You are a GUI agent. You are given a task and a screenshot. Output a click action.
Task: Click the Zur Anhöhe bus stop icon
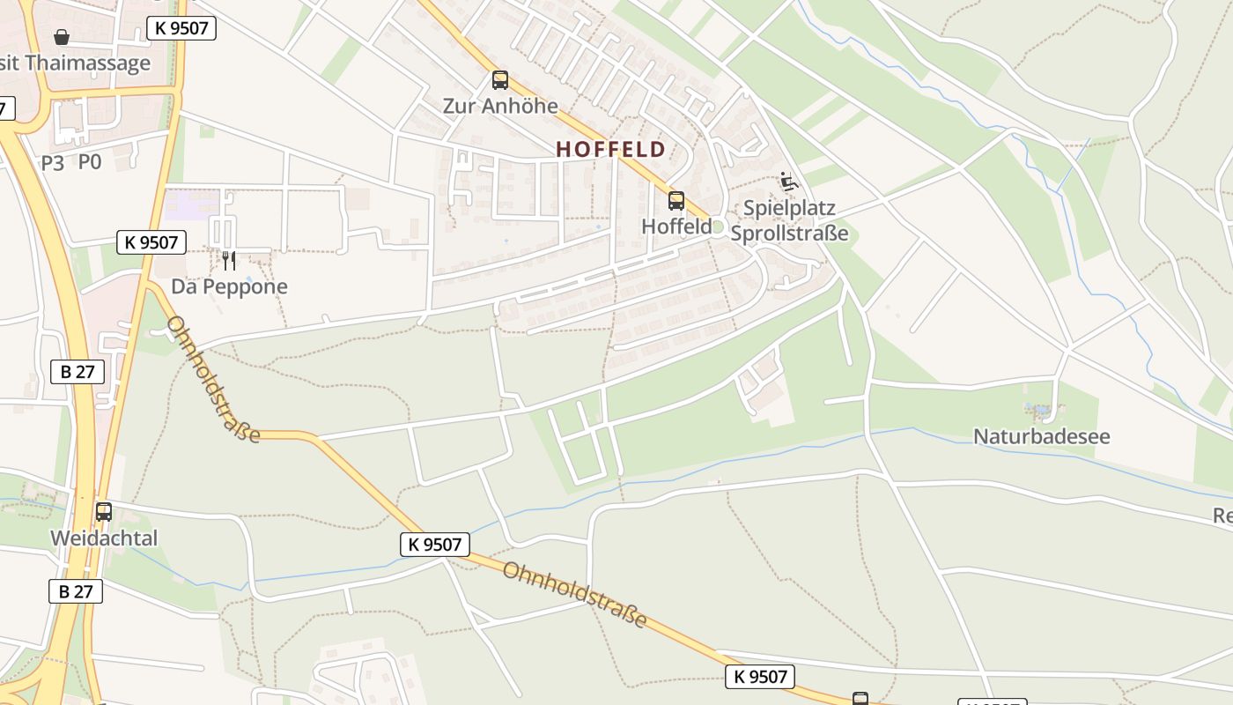[500, 80]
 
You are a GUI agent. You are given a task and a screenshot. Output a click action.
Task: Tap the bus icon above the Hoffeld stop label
[676, 200]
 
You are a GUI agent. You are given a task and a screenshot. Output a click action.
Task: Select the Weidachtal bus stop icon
[103, 511]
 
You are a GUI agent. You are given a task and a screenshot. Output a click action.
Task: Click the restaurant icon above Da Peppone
[228, 260]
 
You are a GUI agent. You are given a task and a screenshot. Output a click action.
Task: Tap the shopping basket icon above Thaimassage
[62, 37]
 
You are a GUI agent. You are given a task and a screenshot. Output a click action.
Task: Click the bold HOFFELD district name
[610, 150]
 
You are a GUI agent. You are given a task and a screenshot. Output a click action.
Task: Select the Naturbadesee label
[1041, 436]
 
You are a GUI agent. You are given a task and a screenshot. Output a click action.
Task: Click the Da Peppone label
[229, 286]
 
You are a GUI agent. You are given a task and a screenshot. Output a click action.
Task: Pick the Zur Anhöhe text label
[500, 106]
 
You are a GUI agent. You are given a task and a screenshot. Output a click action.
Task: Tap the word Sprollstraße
[789, 234]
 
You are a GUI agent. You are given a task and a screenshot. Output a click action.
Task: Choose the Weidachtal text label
[104, 538]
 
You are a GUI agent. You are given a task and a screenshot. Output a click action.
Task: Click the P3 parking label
[53, 162]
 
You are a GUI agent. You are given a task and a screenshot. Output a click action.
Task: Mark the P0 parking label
[90, 162]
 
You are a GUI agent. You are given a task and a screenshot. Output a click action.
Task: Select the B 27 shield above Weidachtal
[78, 371]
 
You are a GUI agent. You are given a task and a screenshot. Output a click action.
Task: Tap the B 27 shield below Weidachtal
[76, 590]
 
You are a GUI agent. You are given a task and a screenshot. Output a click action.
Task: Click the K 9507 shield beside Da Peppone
[151, 241]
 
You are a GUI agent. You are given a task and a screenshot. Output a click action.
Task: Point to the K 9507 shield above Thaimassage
[181, 27]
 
